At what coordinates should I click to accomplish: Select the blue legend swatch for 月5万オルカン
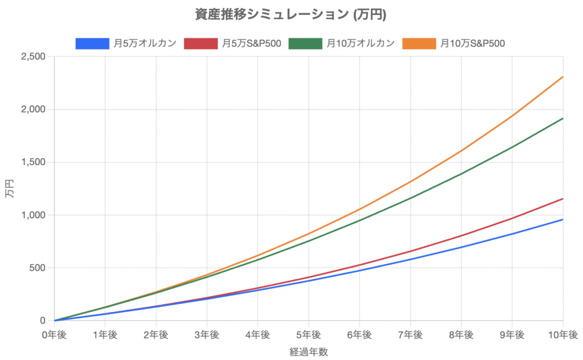(92, 43)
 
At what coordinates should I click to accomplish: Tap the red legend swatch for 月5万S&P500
(201, 43)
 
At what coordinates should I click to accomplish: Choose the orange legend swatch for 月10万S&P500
(419, 43)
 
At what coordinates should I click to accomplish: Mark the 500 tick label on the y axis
(39, 268)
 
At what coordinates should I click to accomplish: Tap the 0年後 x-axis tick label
(54, 334)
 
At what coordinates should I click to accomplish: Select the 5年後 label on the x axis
(309, 334)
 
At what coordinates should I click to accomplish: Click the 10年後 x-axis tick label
(563, 334)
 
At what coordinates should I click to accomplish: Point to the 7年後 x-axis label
(410, 334)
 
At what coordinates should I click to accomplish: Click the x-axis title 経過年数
(309, 351)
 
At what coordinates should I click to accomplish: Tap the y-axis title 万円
(10, 189)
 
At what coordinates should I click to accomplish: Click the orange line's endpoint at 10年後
(563, 77)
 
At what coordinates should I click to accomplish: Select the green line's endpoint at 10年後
(563, 118)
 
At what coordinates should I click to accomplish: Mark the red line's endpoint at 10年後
(563, 199)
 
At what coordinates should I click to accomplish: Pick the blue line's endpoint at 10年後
(563, 219)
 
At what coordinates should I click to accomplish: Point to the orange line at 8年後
(461, 151)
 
